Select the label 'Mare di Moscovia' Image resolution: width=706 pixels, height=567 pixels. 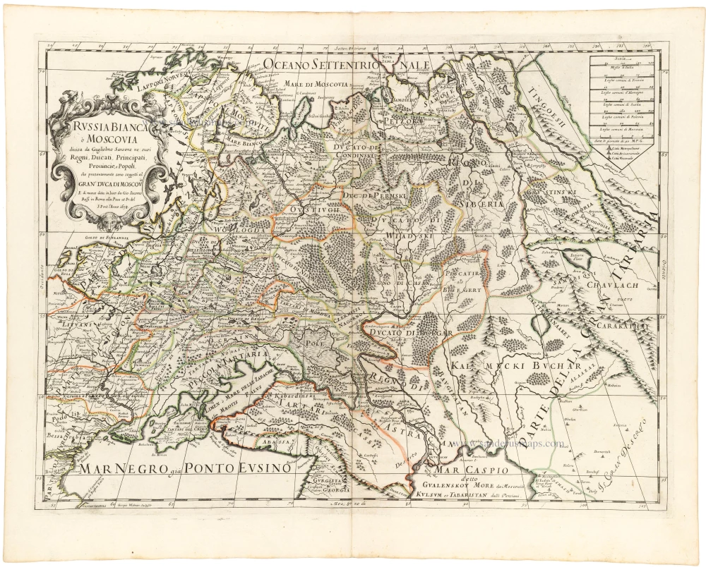point(317,84)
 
